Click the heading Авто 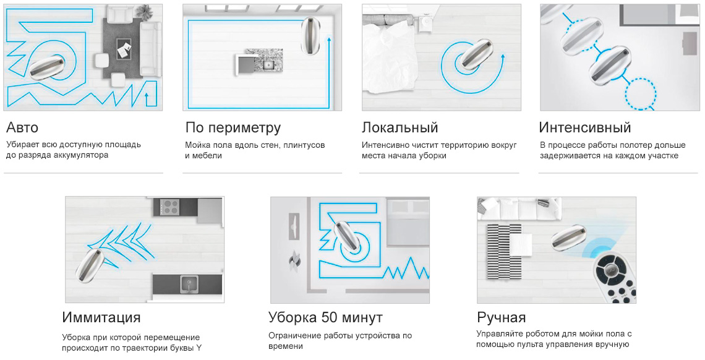tap(22, 127)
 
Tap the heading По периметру tap(233, 128)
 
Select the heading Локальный tap(399, 127)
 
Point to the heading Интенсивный tap(584, 127)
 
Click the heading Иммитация tap(101, 317)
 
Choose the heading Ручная tap(501, 317)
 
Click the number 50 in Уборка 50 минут tap(330, 317)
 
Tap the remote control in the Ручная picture tap(615, 278)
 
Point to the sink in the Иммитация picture tap(189, 285)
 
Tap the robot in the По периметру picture tap(310, 36)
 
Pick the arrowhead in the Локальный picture tap(503, 58)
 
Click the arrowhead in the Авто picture tap(147, 95)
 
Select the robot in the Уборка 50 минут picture tap(348, 238)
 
